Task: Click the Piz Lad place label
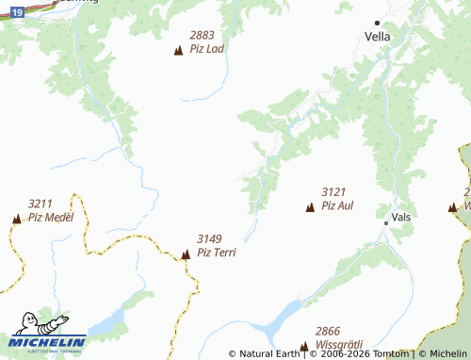(206, 48)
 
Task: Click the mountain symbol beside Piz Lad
(178, 50)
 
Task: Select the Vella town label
(378, 37)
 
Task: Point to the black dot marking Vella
(378, 23)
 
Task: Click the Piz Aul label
(337, 205)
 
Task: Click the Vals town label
(401, 217)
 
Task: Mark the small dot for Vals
(386, 223)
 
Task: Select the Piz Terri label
(216, 253)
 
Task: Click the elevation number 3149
(210, 239)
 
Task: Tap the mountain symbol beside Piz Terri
(186, 254)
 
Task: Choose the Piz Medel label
(50, 217)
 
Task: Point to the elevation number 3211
(41, 204)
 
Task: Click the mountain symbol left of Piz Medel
(16, 219)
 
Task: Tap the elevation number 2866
(328, 331)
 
